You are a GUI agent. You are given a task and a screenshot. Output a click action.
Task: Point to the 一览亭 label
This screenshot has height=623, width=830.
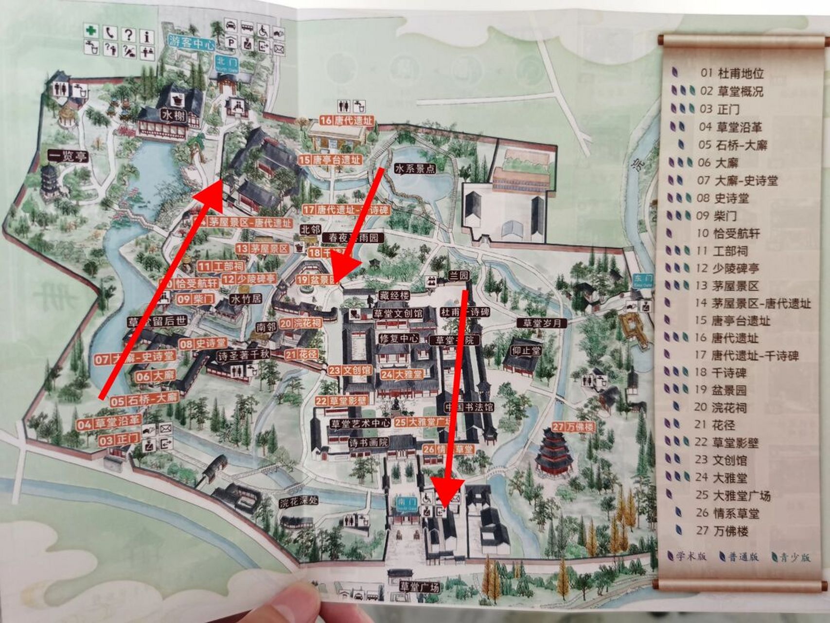[67, 156]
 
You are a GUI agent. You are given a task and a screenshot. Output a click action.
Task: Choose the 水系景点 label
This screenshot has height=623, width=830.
[415, 169]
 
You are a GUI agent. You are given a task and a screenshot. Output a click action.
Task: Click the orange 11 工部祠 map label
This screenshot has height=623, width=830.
[221, 266]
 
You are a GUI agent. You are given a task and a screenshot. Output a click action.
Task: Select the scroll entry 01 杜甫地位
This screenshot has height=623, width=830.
[732, 73]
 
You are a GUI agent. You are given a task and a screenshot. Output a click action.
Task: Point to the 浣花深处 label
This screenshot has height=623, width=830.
[299, 502]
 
